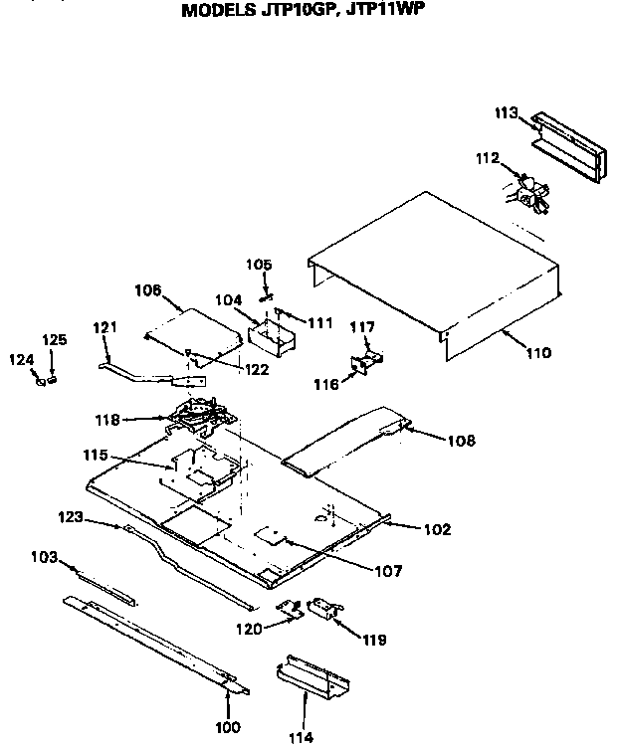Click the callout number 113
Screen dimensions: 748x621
click(507, 113)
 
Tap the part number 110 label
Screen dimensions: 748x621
click(536, 352)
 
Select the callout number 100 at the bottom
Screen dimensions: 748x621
click(229, 725)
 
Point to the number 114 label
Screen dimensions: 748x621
click(302, 737)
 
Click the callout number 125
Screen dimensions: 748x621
click(56, 340)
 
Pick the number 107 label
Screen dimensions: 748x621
click(388, 571)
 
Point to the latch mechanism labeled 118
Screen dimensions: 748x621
click(203, 413)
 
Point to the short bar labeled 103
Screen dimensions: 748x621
click(104, 584)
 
